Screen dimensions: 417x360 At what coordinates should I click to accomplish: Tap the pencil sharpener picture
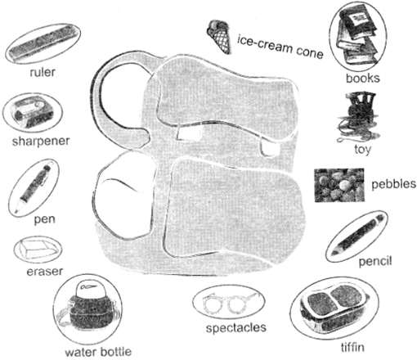click(33, 112)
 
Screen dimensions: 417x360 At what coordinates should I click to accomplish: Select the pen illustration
click(34, 187)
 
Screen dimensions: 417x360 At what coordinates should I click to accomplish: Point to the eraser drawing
click(38, 250)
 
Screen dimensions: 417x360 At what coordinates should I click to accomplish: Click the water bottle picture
click(87, 308)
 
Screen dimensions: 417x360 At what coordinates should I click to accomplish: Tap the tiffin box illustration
click(333, 308)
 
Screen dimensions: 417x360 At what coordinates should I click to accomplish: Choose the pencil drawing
click(357, 235)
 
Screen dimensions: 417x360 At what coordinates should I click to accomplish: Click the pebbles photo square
click(339, 185)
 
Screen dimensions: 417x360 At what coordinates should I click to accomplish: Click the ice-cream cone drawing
click(219, 36)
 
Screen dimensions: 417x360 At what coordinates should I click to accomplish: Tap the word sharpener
click(41, 142)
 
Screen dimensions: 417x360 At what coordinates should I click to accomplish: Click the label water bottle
click(98, 352)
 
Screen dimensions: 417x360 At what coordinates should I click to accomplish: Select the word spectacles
click(236, 327)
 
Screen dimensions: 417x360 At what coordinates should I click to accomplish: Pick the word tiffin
click(352, 347)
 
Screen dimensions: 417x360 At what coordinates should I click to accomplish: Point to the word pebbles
click(394, 184)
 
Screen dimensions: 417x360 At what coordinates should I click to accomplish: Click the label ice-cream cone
click(280, 47)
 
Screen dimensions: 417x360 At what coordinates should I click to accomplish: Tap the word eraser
click(45, 272)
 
